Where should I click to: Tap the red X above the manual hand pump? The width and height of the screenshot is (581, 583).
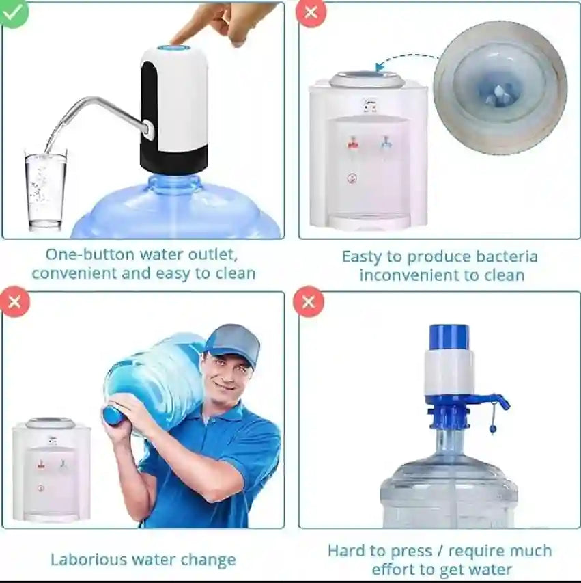[x=309, y=301]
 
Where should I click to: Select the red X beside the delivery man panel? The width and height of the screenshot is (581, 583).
[x=14, y=301]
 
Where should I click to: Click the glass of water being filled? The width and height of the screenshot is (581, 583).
[x=46, y=191]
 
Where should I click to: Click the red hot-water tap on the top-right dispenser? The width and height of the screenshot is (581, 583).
[x=353, y=143]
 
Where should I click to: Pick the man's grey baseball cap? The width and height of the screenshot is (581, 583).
[x=233, y=341]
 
